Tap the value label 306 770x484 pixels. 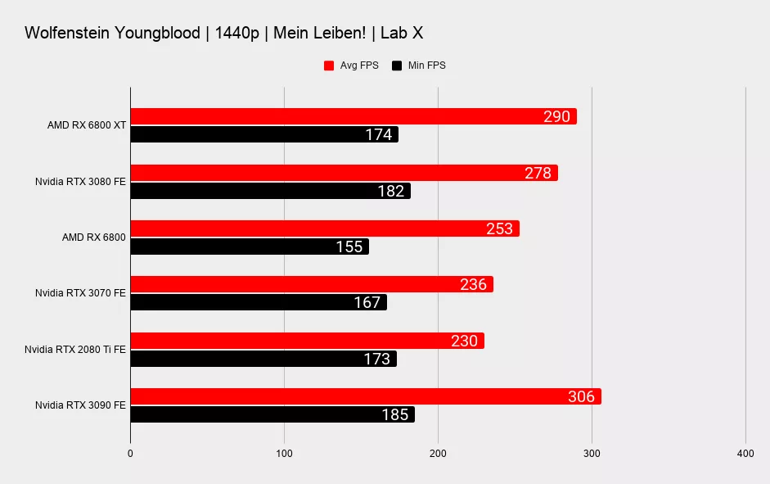pyautogui.click(x=581, y=396)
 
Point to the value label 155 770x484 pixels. pyautogui.click(x=349, y=247)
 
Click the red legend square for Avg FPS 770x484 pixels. pyautogui.click(x=329, y=66)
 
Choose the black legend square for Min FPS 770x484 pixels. pyautogui.click(x=397, y=66)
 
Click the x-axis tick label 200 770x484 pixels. pyautogui.click(x=438, y=453)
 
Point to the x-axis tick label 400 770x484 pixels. pyautogui.click(x=745, y=453)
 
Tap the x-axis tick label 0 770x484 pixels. pyautogui.click(x=130, y=453)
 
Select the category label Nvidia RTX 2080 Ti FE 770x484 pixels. pyautogui.click(x=75, y=350)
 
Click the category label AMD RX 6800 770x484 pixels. pyautogui.click(x=94, y=237)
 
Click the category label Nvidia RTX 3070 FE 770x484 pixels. pyautogui.click(x=80, y=293)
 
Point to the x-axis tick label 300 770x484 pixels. pyautogui.click(x=591, y=453)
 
